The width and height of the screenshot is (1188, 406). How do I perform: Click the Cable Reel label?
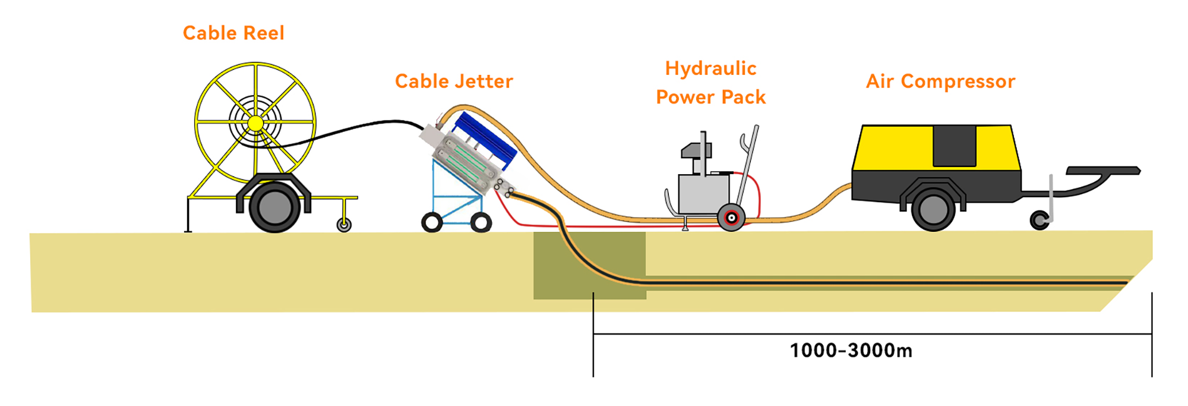click(233, 33)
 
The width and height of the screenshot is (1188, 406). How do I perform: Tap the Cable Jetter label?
click(454, 81)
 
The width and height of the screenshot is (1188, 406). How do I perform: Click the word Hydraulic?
click(710, 68)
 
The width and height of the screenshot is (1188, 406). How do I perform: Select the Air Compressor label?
click(940, 81)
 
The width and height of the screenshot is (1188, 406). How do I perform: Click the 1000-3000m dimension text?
click(851, 351)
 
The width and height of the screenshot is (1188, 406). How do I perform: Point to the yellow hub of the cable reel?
click(255, 124)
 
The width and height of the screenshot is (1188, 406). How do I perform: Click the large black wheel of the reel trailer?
click(274, 207)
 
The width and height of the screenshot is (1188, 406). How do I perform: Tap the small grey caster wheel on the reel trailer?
click(344, 225)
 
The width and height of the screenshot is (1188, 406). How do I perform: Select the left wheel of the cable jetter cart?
click(432, 222)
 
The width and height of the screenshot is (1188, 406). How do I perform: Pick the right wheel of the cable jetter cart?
click(481, 223)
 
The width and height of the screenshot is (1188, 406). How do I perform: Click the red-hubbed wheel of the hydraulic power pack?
click(732, 218)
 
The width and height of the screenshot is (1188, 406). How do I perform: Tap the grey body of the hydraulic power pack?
click(704, 193)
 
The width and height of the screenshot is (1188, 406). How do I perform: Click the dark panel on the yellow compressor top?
click(955, 146)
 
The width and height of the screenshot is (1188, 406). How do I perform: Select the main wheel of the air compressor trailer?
click(933, 210)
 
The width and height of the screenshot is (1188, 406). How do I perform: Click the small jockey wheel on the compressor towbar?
click(1039, 221)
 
